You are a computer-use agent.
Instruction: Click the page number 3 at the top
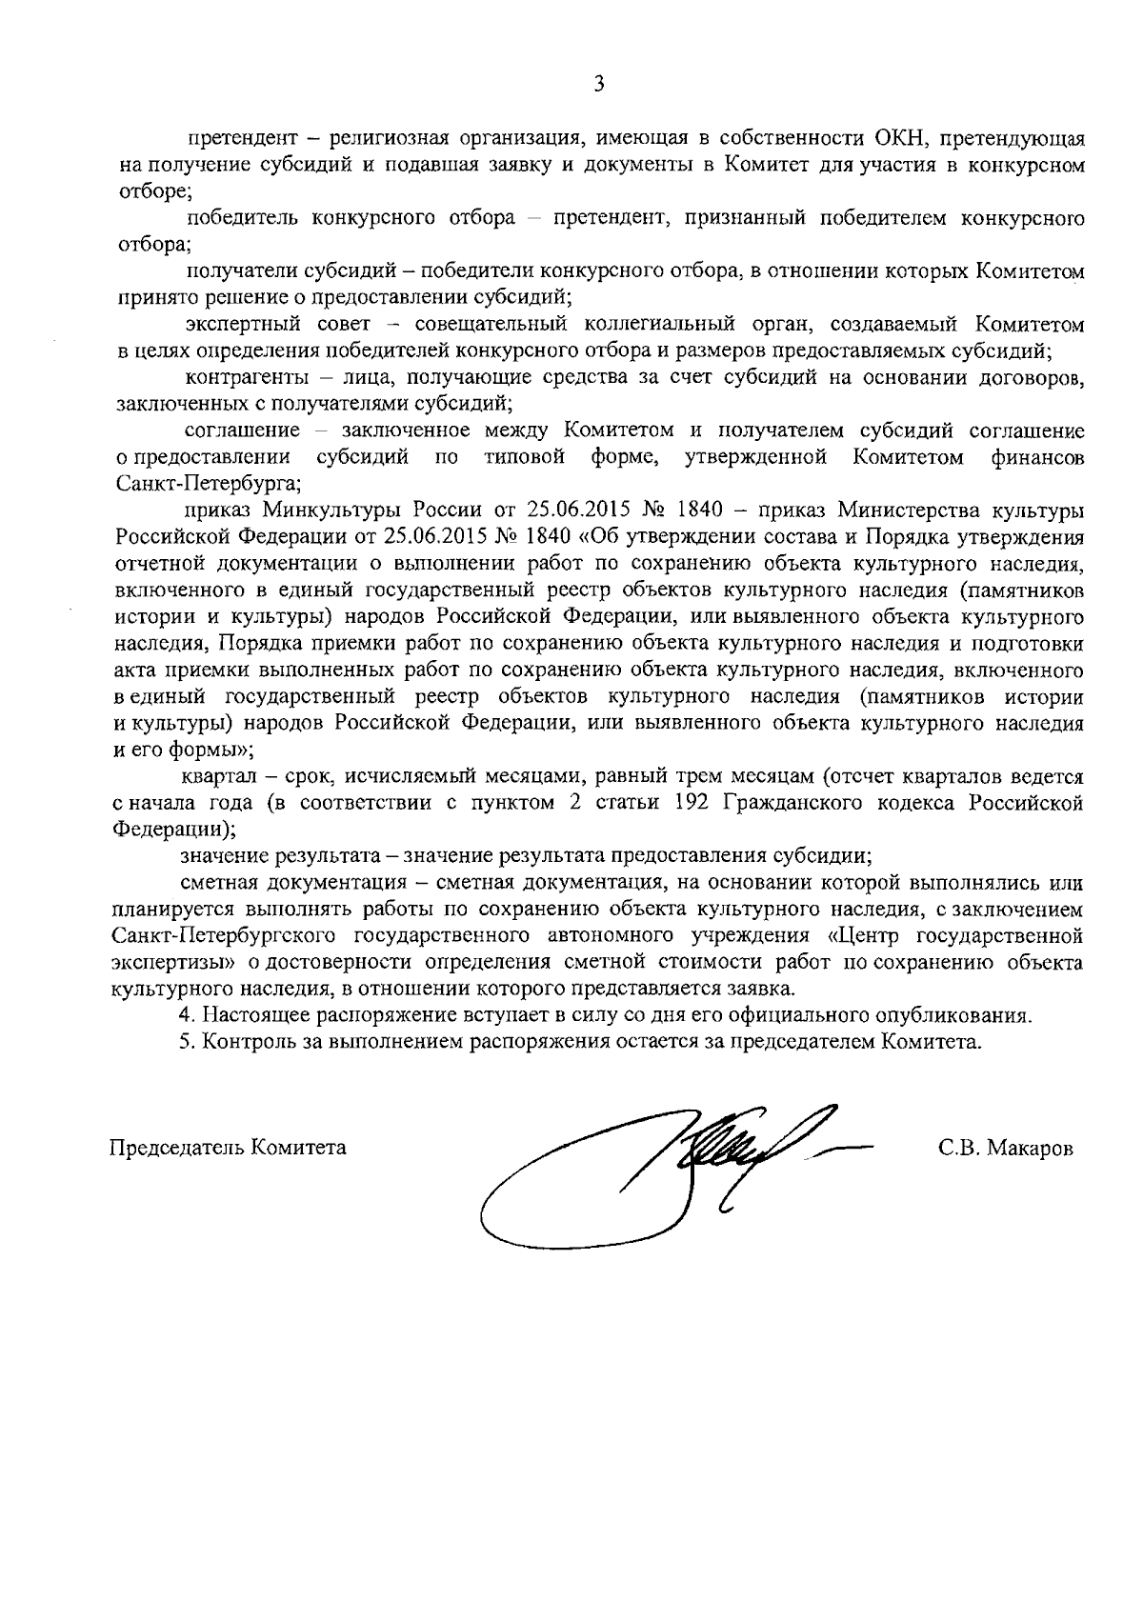[598, 84]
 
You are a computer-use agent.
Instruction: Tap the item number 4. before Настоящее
[187, 1015]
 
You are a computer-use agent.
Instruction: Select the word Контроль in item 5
[242, 1042]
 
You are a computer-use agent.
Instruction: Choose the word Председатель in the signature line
[177, 1148]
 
